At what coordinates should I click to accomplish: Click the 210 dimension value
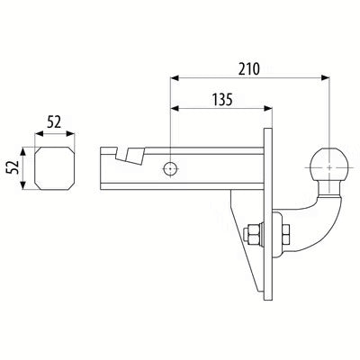[248, 69]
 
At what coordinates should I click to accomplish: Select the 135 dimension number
[222, 100]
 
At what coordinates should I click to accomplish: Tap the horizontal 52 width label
[54, 122]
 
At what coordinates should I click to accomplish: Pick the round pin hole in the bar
[170, 169]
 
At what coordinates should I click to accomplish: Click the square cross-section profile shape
[55, 168]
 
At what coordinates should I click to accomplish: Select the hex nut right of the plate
[285, 234]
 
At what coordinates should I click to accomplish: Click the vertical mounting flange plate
[268, 214]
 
